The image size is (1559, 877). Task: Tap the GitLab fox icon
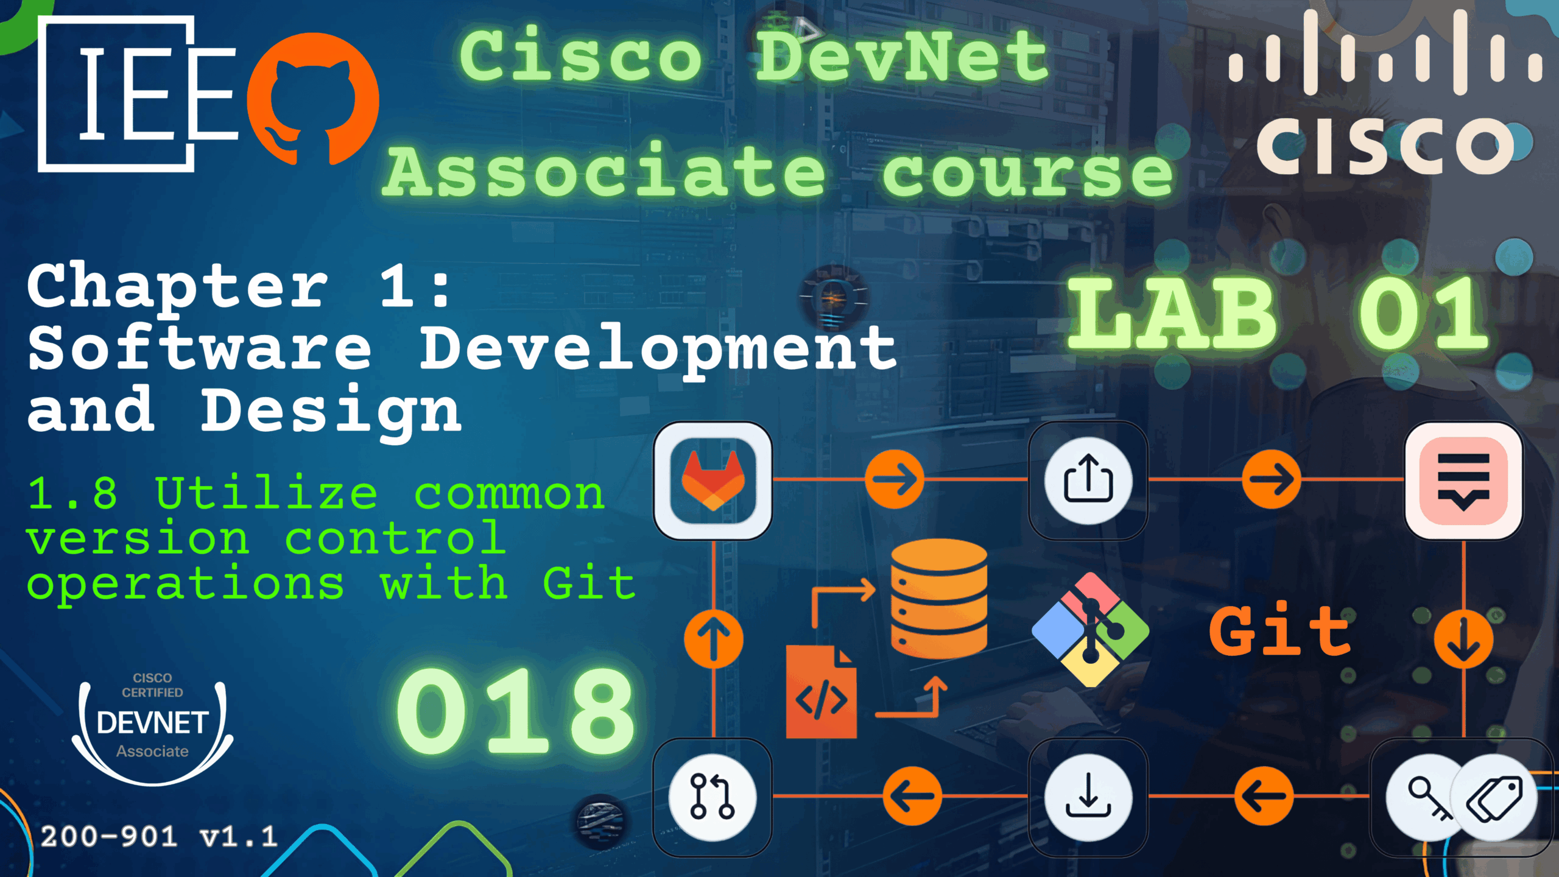pos(713,481)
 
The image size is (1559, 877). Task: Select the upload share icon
pos(1088,481)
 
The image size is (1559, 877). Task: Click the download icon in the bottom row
pos(1088,797)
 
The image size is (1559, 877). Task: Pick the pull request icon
pos(713,797)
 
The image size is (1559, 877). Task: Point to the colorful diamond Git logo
pos(1090,630)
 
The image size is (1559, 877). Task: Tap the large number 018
pos(515,710)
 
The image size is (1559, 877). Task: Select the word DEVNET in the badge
pos(153,723)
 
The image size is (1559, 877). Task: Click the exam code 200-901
pos(110,837)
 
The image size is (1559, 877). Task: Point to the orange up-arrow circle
pos(713,639)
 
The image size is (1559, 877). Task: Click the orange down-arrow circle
pos(1463,639)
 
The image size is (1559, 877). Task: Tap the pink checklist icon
pos(1463,481)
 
